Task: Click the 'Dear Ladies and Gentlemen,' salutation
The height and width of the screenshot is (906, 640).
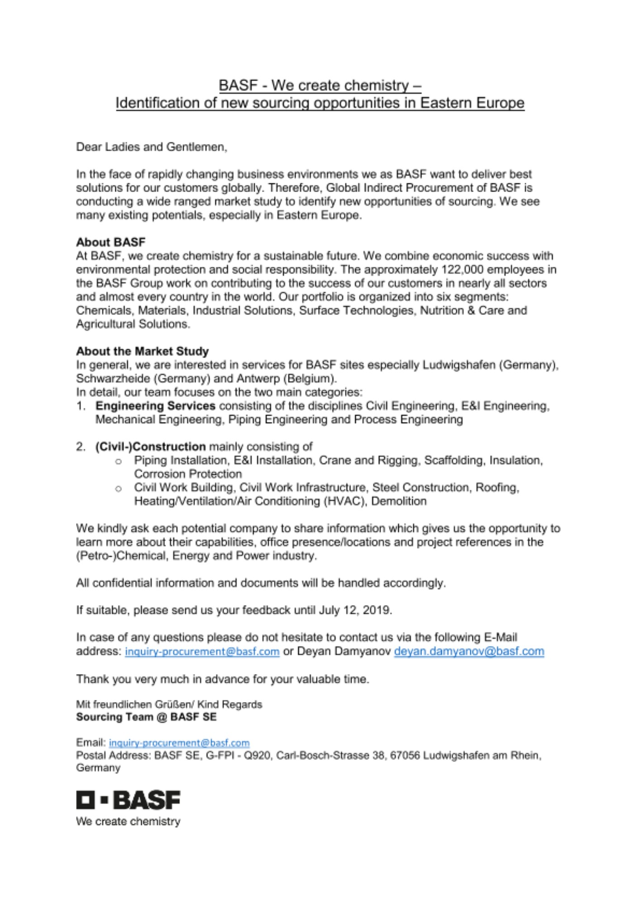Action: [x=152, y=147]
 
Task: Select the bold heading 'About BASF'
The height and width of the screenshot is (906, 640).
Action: [x=110, y=242]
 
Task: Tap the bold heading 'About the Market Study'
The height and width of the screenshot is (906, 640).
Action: [x=142, y=352]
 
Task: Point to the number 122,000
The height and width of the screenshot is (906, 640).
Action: [x=460, y=270]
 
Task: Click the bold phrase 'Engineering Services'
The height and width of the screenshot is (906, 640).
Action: [x=155, y=406]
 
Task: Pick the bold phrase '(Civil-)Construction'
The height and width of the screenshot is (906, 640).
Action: [x=150, y=447]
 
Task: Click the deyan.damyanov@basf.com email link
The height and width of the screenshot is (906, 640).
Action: [x=469, y=651]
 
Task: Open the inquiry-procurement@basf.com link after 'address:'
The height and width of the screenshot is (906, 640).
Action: [x=202, y=652]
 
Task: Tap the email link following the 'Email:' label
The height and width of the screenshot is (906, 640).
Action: [x=179, y=743]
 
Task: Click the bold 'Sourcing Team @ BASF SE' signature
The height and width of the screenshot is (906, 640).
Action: [x=146, y=717]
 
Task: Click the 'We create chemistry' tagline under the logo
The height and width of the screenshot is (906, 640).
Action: [x=128, y=821]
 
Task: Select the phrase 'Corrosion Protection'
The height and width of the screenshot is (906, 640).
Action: [x=188, y=474]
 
